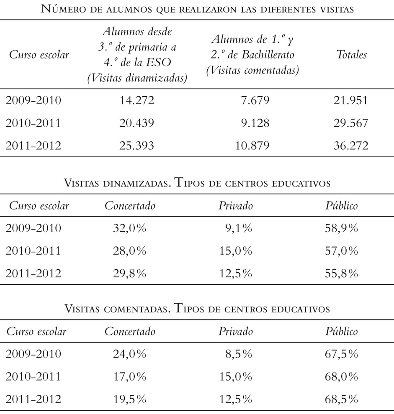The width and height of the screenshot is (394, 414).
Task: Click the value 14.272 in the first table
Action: pyautogui.click(x=137, y=100)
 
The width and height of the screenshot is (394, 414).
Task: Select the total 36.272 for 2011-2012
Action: pyautogui.click(x=351, y=146)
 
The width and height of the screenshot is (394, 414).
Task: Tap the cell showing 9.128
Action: pyautogui.click(x=255, y=123)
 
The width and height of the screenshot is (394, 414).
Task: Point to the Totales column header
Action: pyautogui.click(x=351, y=55)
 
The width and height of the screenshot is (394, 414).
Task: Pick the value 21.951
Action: pyautogui.click(x=350, y=100)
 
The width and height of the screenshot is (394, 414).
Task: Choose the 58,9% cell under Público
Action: pyautogui.click(x=341, y=228)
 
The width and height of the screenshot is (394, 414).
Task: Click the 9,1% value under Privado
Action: pyautogui.click(x=239, y=228)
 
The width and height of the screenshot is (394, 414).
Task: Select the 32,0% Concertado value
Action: pyautogui.click(x=129, y=228)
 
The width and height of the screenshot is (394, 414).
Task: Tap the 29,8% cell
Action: pyautogui.click(x=129, y=273)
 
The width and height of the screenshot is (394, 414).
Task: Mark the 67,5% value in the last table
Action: pyautogui.click(x=341, y=354)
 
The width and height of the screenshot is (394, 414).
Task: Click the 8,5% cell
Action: pyautogui.click(x=239, y=354)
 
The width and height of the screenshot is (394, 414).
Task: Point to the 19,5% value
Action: pyautogui.click(x=129, y=399)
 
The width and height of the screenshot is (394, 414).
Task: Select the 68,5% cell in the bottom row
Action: pyautogui.click(x=341, y=399)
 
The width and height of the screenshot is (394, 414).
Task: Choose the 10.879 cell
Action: pyautogui.click(x=252, y=146)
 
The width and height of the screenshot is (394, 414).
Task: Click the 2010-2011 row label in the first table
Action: pyautogui.click(x=33, y=123)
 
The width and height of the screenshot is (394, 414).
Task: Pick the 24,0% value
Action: pyautogui.click(x=129, y=354)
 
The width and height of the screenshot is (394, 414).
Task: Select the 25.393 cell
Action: pyautogui.click(x=137, y=146)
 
